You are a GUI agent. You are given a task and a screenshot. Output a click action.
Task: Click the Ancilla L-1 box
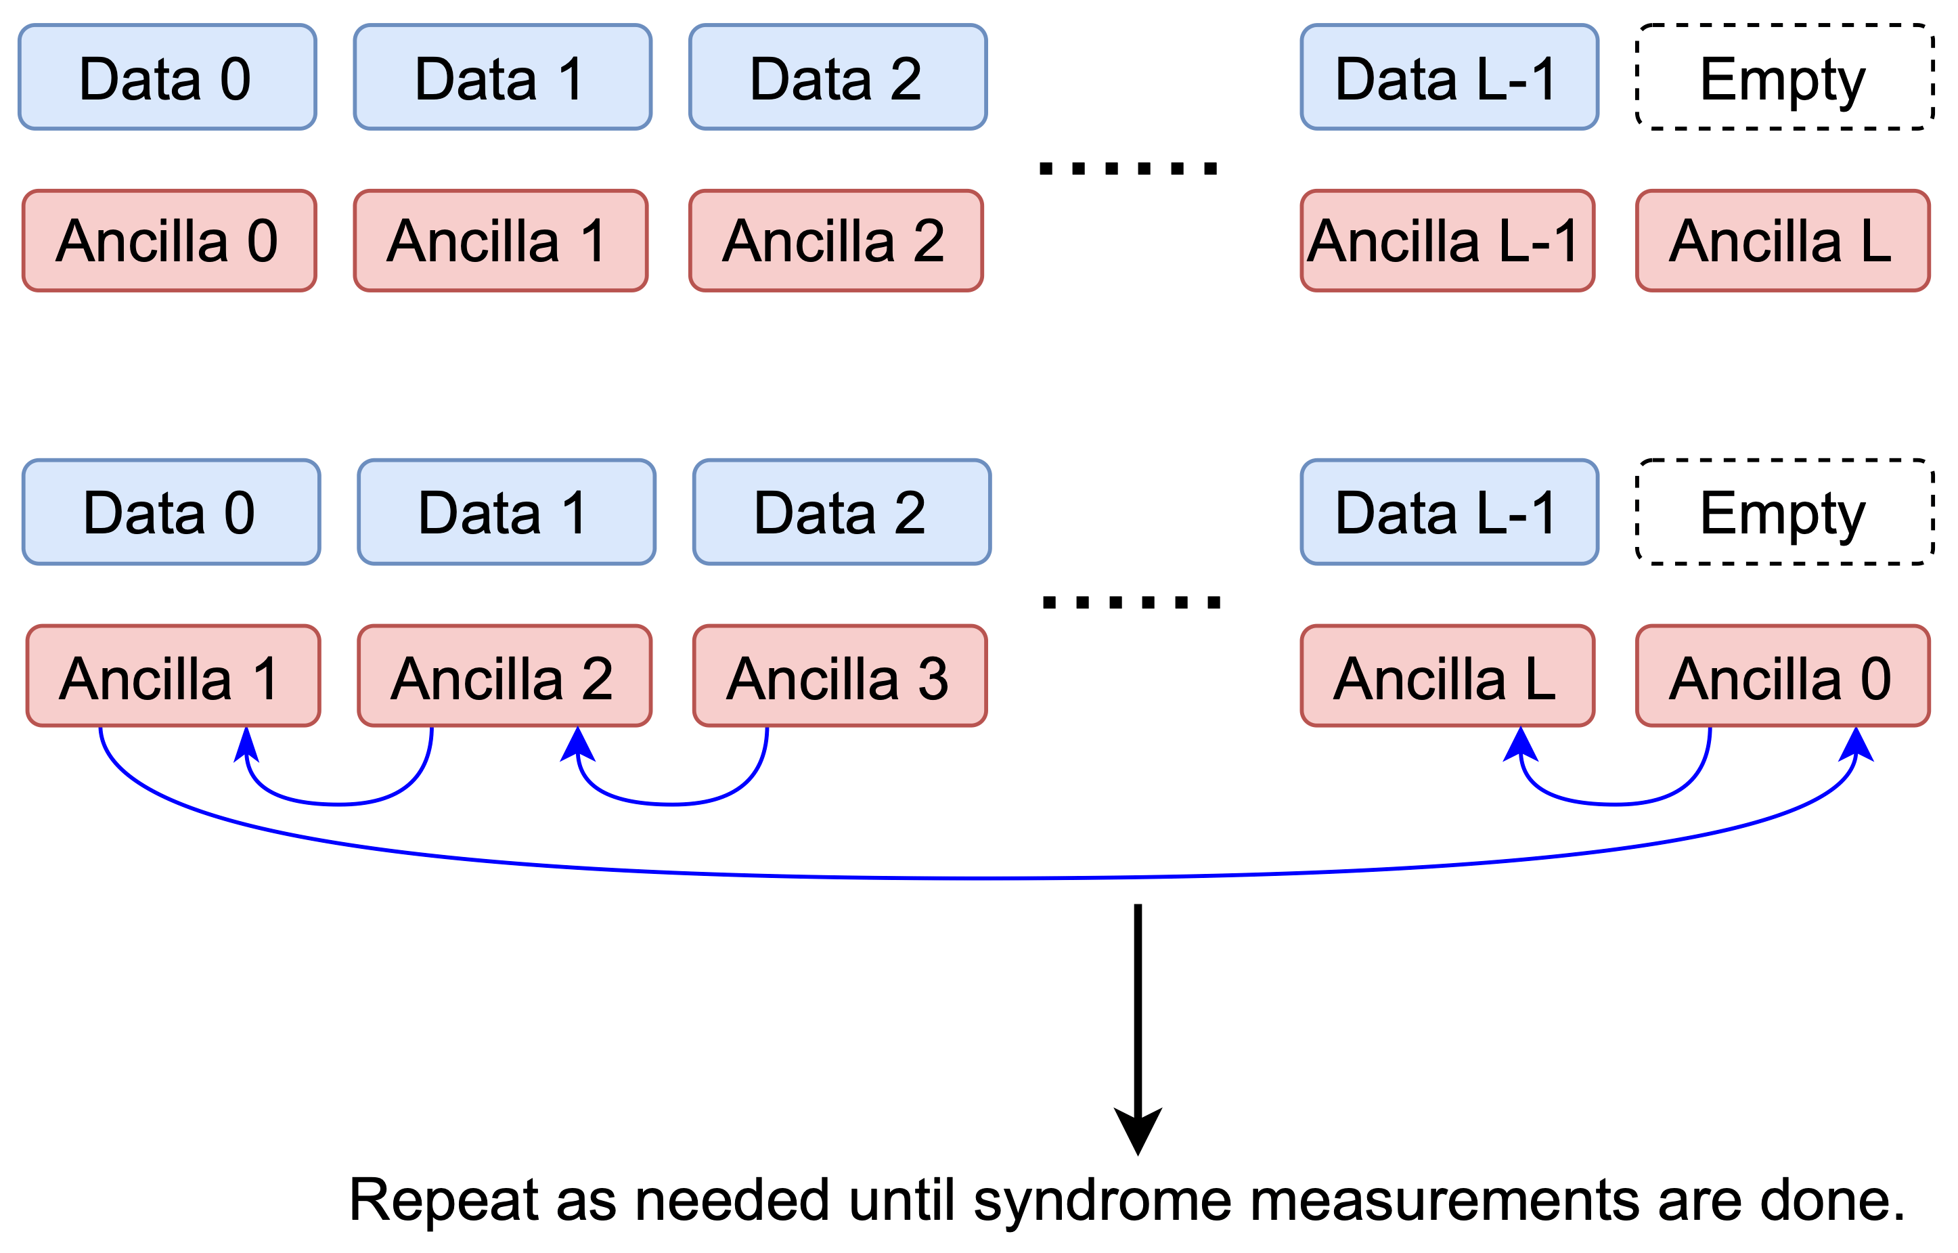[x=1447, y=241]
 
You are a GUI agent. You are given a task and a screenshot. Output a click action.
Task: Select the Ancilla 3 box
[x=839, y=676]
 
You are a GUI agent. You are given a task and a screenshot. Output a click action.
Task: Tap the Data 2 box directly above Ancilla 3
[x=841, y=512]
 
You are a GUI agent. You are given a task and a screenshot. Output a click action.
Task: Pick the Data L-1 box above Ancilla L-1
[x=1449, y=77]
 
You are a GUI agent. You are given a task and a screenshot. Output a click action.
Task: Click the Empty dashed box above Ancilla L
[x=1785, y=77]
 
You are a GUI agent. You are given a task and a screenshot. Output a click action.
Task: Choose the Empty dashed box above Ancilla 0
[x=1785, y=512]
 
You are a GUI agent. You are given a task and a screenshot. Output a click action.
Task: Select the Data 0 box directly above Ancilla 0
[x=166, y=77]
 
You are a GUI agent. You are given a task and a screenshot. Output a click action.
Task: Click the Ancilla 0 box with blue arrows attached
[x=1782, y=676]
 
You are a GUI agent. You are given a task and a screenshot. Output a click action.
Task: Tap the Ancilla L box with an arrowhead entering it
[x=1447, y=676]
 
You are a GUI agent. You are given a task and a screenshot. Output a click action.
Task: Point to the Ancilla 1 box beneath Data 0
[x=173, y=676]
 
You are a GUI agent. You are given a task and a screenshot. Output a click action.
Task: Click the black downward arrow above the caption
[x=1137, y=1025]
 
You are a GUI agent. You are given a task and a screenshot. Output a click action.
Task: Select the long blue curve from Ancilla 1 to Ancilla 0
[x=976, y=878]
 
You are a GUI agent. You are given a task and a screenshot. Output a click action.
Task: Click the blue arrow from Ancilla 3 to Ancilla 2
[x=672, y=804]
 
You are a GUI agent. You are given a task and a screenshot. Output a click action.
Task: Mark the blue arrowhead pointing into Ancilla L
[x=1519, y=745]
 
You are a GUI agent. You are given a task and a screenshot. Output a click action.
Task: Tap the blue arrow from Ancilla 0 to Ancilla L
[x=1615, y=804]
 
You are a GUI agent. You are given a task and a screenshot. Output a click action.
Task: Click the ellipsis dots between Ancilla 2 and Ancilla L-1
[x=1128, y=169]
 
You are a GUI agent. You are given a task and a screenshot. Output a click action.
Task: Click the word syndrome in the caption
[x=1103, y=1201]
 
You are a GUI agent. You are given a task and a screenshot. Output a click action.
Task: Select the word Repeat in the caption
[x=443, y=1201]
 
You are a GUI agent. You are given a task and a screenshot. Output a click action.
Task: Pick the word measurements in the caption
[x=1444, y=1201]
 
